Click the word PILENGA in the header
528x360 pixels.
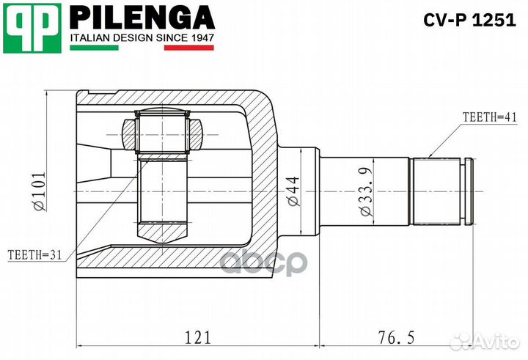pyautogui.click(x=142, y=16)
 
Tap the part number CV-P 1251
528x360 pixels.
pyautogui.click(x=469, y=21)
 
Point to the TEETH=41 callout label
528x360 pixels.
pyautogui.click(x=489, y=117)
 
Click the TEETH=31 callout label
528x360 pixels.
pyautogui.click(x=33, y=254)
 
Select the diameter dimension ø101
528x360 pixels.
pyautogui.click(x=38, y=188)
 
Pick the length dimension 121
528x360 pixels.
pyautogui.click(x=197, y=337)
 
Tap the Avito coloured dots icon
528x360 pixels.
pyautogui.click(x=462, y=341)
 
